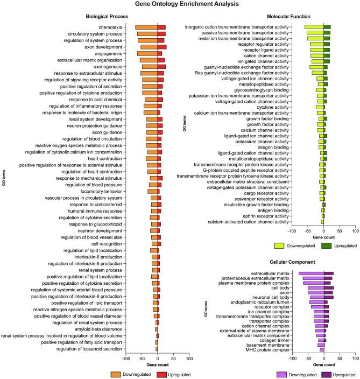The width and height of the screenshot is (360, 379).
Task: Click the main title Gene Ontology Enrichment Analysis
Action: (x=180, y=5)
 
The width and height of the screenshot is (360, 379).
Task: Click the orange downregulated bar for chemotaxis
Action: (x=146, y=27)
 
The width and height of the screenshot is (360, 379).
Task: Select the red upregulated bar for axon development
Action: (x=161, y=47)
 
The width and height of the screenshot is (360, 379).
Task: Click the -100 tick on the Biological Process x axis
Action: (x=125, y=357)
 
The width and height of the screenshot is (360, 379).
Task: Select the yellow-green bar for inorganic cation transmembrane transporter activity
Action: (x=314, y=27)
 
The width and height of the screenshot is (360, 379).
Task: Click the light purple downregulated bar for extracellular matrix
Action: (x=311, y=273)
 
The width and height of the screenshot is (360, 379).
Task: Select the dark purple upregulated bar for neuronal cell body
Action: (x=328, y=297)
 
